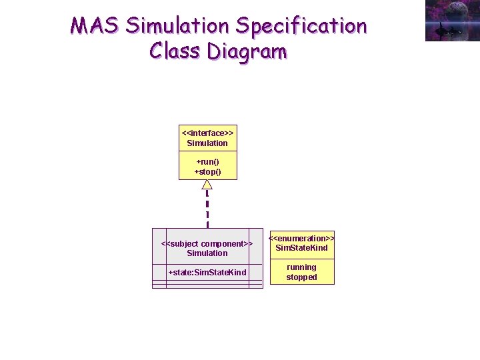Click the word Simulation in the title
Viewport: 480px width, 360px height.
[x=177, y=26]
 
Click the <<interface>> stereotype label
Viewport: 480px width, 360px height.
[x=207, y=133]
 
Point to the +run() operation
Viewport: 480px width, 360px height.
[x=207, y=162]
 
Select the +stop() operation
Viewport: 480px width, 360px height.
[x=207, y=172]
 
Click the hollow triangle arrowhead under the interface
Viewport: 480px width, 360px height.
[x=207, y=185]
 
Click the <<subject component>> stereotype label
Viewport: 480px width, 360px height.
[x=207, y=243]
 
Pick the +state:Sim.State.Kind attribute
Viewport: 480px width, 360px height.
[x=207, y=272]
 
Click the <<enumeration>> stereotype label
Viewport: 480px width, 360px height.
[x=301, y=238]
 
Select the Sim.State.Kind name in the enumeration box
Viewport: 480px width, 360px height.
[x=301, y=248]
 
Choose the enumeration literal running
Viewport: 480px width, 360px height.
[x=301, y=267]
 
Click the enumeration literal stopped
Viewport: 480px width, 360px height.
[x=301, y=277]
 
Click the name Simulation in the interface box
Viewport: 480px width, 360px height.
[x=207, y=143]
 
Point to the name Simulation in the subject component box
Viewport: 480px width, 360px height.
[x=207, y=253]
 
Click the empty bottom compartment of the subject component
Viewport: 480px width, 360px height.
[x=207, y=285]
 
